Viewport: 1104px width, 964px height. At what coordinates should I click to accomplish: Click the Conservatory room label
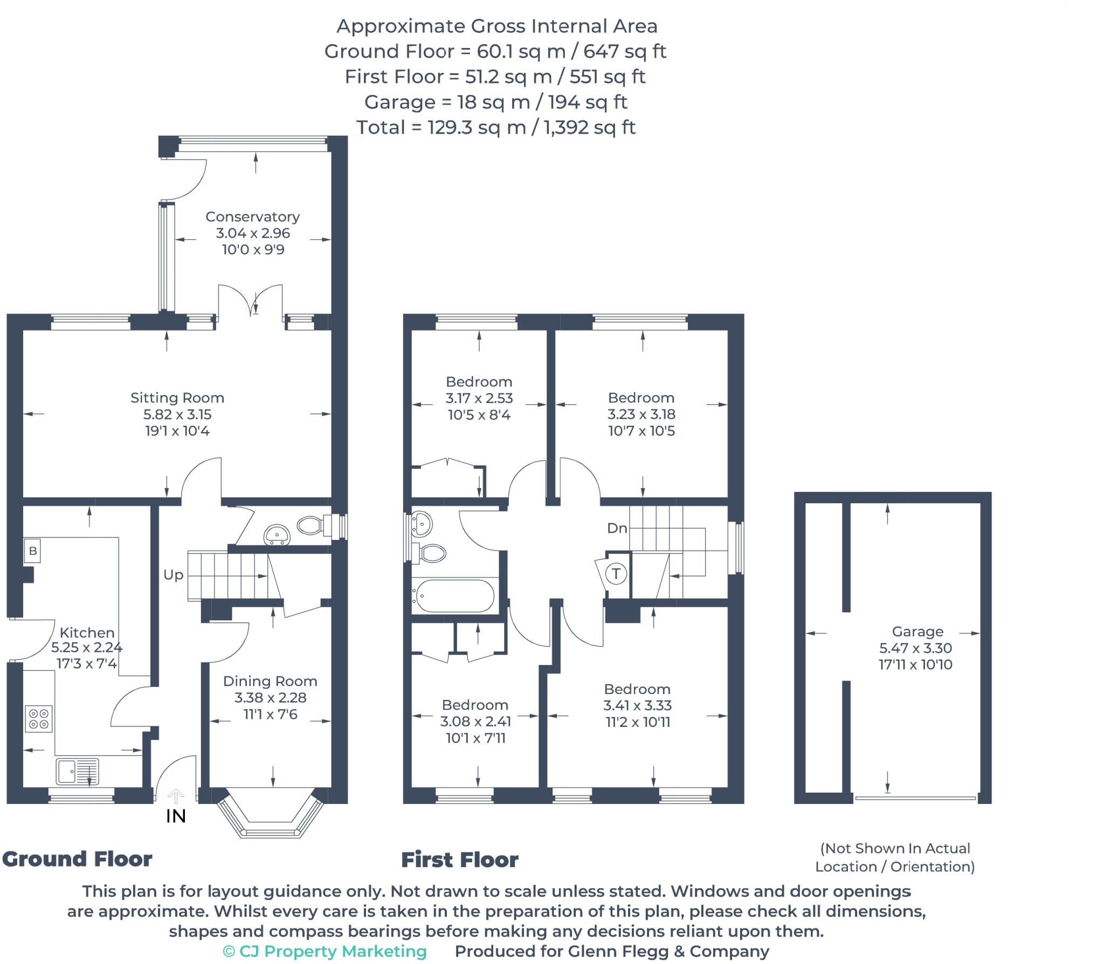[252, 217]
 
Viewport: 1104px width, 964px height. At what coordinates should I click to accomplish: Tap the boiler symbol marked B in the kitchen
[32, 551]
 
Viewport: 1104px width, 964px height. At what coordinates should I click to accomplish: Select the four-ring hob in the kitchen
[39, 719]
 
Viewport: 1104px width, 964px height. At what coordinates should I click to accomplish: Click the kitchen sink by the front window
[77, 771]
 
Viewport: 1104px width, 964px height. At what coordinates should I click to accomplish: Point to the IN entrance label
[176, 816]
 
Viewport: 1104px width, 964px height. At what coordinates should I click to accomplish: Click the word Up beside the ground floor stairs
[173, 575]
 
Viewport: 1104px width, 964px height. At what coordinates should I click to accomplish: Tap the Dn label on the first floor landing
[617, 528]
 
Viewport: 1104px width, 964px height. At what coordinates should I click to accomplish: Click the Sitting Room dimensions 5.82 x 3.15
[177, 414]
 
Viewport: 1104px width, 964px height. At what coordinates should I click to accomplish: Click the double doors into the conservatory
[251, 302]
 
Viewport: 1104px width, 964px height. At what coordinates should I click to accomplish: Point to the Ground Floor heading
[77, 858]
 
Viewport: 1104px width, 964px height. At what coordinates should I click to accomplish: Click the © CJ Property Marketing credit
[325, 952]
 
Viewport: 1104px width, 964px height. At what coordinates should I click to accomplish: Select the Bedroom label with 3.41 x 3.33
[637, 689]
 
